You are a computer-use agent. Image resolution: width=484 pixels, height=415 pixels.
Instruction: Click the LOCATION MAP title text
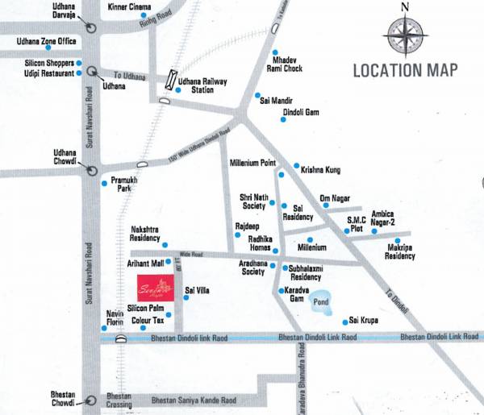(x=406, y=70)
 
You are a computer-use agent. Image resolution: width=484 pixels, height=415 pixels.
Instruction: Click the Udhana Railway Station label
(x=202, y=85)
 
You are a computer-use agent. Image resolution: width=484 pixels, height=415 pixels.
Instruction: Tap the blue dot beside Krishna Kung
(x=296, y=165)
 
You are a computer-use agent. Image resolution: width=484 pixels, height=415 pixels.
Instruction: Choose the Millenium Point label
(x=253, y=163)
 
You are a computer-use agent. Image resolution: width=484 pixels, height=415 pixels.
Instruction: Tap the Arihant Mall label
(x=145, y=263)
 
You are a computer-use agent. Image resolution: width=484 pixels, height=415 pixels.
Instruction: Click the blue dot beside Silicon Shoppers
(x=79, y=63)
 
